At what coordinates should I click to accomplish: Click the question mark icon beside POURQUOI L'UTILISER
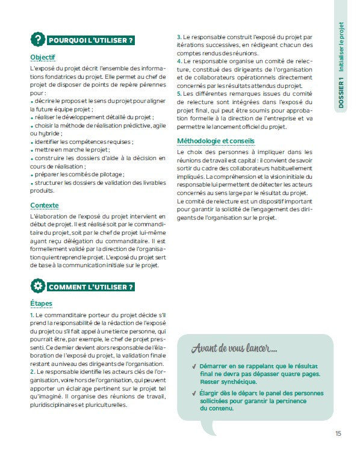(37, 40)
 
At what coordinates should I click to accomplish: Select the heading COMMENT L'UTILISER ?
(91, 286)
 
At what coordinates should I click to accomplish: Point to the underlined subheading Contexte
(44, 205)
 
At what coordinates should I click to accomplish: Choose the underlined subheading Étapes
(41, 303)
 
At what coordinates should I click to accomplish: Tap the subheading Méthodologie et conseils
(216, 141)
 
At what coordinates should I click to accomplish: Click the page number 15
(339, 433)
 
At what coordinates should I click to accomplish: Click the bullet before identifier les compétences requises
(31, 141)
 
